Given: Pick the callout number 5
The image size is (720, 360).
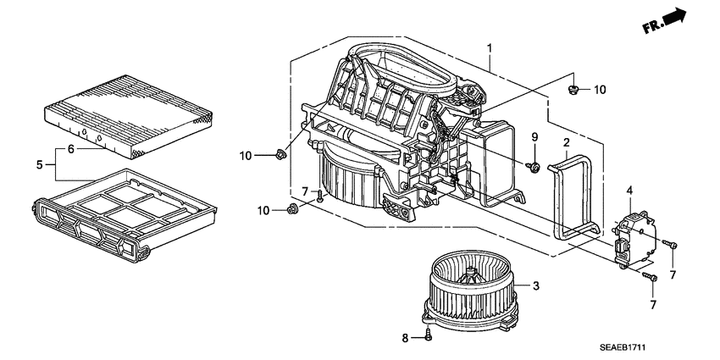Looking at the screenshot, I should tap(40, 165).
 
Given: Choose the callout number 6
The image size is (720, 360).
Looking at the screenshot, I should tap(71, 149).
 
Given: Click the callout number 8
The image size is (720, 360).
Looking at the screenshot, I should tap(406, 338).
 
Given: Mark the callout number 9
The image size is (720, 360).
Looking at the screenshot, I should tap(534, 137).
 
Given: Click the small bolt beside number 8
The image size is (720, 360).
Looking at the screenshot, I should tap(428, 336).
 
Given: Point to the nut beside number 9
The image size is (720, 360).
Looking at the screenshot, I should tap(534, 168).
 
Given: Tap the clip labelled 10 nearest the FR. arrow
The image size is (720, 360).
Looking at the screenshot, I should tap(573, 88).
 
